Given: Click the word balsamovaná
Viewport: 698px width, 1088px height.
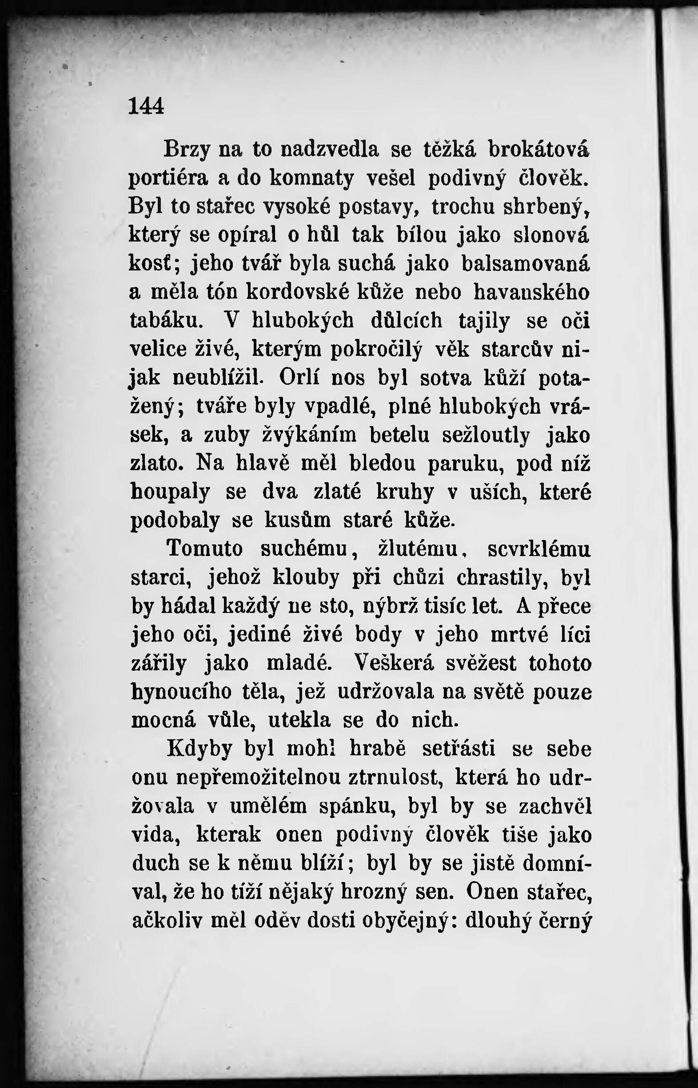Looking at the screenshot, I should [526, 264].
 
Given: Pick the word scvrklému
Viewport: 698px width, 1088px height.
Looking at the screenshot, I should [539, 549].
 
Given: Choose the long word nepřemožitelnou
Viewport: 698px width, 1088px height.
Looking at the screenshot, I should [258, 777].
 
